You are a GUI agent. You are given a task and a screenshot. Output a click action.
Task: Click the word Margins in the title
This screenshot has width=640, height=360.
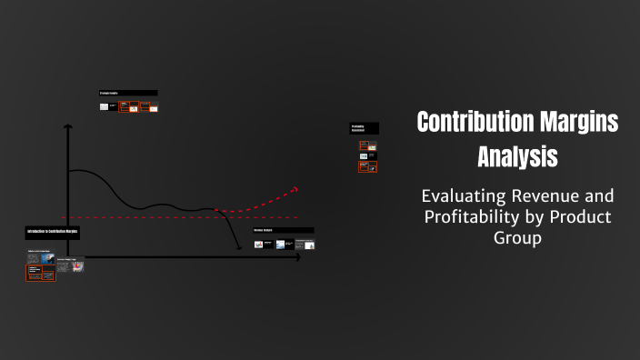pyautogui.click(x=583, y=123)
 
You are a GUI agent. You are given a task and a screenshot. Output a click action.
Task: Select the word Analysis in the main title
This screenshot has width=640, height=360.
pyautogui.click(x=517, y=156)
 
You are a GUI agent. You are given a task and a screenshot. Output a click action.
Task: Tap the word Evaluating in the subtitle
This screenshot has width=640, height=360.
pyautogui.click(x=462, y=195)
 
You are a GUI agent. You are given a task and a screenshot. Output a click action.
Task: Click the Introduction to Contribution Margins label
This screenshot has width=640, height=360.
pyautogui.click(x=53, y=233)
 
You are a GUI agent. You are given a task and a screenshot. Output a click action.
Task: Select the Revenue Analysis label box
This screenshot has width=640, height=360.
pyautogui.click(x=283, y=231)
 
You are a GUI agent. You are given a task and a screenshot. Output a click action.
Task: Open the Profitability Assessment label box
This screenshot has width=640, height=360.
pyautogui.click(x=364, y=128)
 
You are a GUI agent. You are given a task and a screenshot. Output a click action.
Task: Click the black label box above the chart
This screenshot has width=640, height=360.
pyautogui.click(x=128, y=93)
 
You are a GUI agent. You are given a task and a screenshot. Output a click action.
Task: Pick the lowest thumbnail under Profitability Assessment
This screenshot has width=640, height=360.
pyautogui.click(x=368, y=167)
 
